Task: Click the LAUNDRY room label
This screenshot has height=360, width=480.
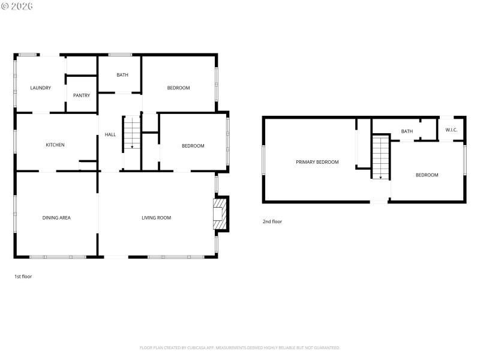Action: (x=41, y=88)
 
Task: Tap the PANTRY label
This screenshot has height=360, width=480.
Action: (x=82, y=95)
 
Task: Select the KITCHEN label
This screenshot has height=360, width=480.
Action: (x=55, y=145)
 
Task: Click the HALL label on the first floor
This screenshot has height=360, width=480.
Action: (x=110, y=134)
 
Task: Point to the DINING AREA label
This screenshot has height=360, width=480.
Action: (x=56, y=218)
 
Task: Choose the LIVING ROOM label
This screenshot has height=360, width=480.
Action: (x=156, y=218)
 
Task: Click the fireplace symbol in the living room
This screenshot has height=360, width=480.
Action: (x=220, y=213)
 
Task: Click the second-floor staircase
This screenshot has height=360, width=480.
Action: (x=380, y=157)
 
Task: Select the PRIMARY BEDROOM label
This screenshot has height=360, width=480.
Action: (x=317, y=162)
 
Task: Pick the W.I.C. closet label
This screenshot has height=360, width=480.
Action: (x=451, y=130)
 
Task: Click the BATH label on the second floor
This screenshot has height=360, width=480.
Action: (x=407, y=131)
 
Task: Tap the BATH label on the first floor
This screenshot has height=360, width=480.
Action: (x=122, y=75)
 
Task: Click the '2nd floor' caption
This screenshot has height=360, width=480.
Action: (x=272, y=221)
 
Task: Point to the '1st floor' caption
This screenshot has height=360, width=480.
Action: (x=23, y=277)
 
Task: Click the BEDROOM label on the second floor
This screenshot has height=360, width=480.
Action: (x=427, y=175)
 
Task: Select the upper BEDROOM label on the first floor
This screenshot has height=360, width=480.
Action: (x=178, y=88)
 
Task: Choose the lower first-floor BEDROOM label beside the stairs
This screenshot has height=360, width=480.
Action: (x=193, y=146)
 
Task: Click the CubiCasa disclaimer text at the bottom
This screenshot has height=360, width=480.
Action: (x=240, y=347)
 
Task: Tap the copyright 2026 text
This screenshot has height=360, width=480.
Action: (x=17, y=5)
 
